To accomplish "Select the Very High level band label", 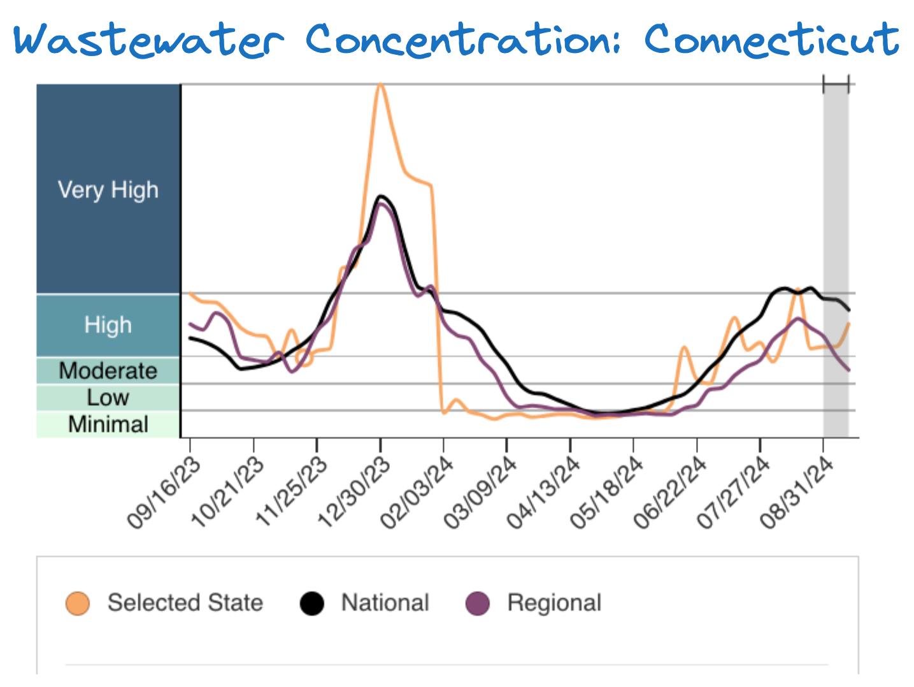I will pos(108,189).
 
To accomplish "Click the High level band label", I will pos(108,325).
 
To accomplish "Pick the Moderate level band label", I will pos(108,370).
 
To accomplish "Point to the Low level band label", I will pos(108,398).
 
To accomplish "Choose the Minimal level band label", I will pos(108,424).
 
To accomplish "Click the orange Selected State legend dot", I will pos(78,603).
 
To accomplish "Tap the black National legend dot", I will pos(311,603).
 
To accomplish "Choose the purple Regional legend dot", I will pos(478,603).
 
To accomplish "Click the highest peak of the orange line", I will pos(380,84).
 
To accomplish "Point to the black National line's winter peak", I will pos(381,196).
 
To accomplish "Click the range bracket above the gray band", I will pos(836,84).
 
